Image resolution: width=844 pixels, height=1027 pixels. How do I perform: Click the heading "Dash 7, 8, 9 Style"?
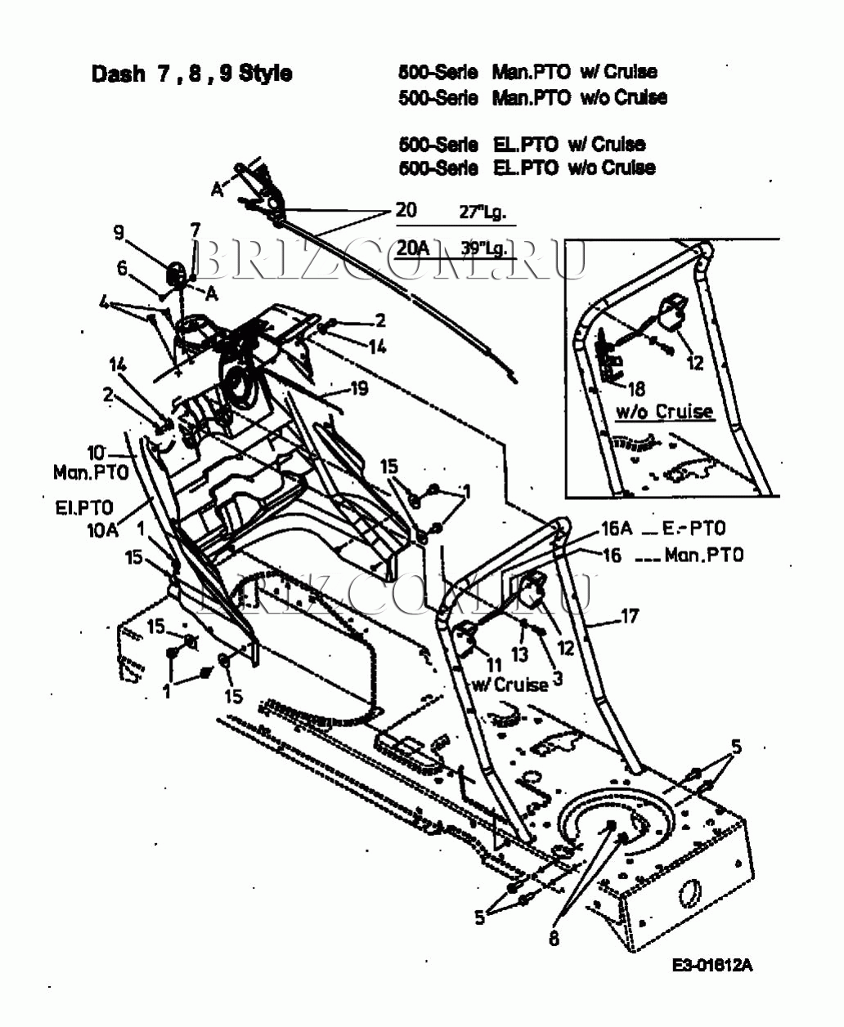point(191,74)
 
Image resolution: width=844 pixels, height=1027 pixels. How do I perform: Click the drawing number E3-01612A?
point(712,965)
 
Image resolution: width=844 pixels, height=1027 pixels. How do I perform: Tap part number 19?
point(358,389)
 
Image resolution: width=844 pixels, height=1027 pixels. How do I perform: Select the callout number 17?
point(629,615)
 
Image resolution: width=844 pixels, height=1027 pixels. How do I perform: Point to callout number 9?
point(119,233)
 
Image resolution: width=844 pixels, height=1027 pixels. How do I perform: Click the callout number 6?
point(123,267)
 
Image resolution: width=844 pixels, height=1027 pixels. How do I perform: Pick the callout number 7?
point(195,230)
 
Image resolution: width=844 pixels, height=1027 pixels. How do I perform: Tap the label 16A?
point(618,529)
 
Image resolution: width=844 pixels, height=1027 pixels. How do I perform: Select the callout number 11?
point(493,664)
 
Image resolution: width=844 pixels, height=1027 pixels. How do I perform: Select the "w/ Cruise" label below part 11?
point(509,685)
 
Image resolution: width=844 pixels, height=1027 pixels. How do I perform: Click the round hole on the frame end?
point(688,892)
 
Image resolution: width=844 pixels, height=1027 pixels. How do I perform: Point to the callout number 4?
point(104,302)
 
